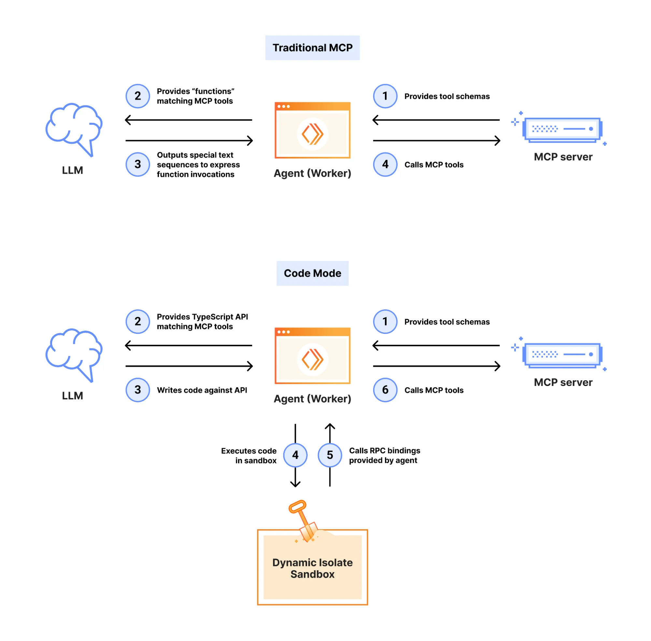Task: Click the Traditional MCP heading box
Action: pyautogui.click(x=312, y=48)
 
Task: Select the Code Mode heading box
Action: pyautogui.click(x=312, y=273)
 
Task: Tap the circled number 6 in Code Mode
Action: pyautogui.click(x=385, y=390)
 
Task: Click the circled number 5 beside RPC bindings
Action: pyautogui.click(x=330, y=455)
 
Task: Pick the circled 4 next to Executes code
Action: pyautogui.click(x=295, y=455)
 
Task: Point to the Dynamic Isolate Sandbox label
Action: pyautogui.click(x=312, y=568)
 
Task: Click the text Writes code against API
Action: pyautogui.click(x=202, y=390)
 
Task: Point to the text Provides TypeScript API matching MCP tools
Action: pyautogui.click(x=202, y=321)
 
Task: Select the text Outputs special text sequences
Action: pyautogui.click(x=198, y=164)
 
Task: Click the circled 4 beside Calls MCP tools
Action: pyautogui.click(x=385, y=164)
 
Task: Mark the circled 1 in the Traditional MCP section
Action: pyautogui.click(x=385, y=96)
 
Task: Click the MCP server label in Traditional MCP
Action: pyautogui.click(x=562, y=157)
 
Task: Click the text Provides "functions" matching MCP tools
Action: pyautogui.click(x=195, y=96)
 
